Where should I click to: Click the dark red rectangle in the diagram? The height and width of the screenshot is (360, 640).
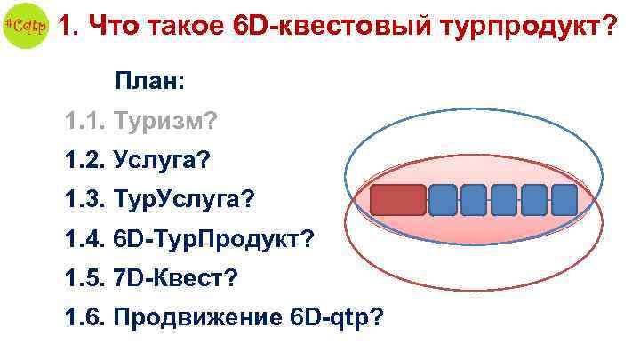pos(397,201)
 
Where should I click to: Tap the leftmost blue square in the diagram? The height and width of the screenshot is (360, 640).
pos(444,201)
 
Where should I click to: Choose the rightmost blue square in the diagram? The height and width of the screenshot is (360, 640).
pos(564,201)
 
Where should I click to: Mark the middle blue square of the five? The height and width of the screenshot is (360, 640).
pos(504,201)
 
